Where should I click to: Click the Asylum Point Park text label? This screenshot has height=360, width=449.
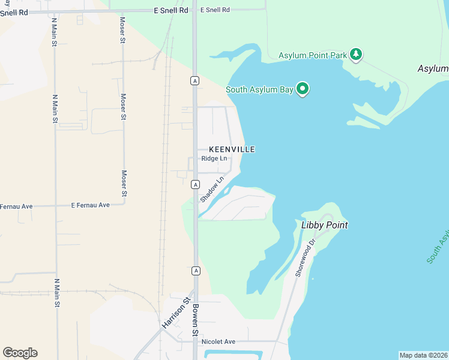point(313,56)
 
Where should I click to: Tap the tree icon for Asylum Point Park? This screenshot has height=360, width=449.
point(357,55)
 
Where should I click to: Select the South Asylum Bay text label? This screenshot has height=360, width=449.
point(259,90)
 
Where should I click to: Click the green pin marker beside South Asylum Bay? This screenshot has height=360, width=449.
point(303,89)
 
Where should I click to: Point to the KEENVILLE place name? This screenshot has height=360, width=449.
point(232,149)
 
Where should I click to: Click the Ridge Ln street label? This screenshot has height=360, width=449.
point(214,158)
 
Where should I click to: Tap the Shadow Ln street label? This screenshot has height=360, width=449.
point(211,188)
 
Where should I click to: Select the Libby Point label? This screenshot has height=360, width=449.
point(324,225)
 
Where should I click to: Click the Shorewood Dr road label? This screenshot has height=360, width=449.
point(305,259)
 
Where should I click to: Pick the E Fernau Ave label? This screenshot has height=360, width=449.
point(90,205)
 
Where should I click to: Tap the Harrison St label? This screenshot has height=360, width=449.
point(175,312)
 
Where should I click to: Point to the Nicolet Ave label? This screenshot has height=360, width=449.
point(218,341)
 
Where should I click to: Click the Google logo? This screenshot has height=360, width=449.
point(20,353)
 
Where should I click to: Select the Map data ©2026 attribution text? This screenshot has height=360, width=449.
point(423,355)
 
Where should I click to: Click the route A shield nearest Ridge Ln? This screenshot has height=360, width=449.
point(195,184)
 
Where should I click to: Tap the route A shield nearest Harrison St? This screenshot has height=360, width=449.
point(196,271)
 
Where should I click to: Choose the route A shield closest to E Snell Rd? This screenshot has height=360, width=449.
point(194,80)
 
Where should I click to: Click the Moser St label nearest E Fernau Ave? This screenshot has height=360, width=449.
point(124,184)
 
